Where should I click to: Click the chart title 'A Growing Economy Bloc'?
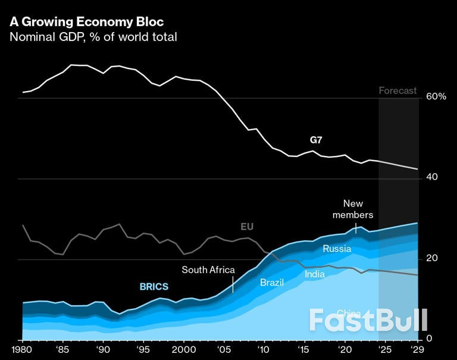(x=86, y=22)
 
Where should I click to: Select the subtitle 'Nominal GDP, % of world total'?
(x=93, y=37)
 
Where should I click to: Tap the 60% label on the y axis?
(x=436, y=96)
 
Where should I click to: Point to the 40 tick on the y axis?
(x=433, y=177)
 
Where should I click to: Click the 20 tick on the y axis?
(x=432, y=258)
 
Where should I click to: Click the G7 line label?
(x=316, y=140)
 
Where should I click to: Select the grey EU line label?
(x=247, y=227)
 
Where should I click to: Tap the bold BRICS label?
(x=154, y=287)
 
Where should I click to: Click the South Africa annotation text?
(x=208, y=270)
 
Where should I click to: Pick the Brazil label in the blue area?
(x=272, y=282)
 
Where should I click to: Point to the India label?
(x=315, y=274)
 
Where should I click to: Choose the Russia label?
(x=337, y=249)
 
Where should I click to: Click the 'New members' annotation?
(x=353, y=209)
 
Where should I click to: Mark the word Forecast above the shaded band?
(x=398, y=90)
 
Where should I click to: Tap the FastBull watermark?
(x=368, y=320)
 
